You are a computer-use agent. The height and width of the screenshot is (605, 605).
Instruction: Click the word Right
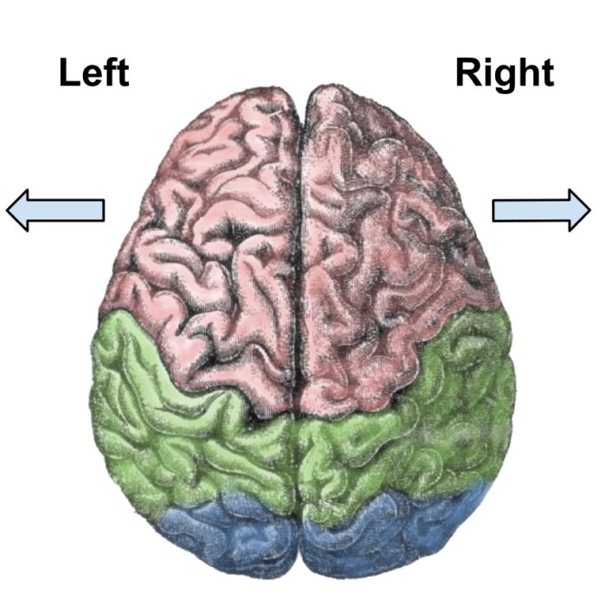tap(505, 74)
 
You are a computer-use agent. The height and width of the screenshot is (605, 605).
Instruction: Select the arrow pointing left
tap(55, 211)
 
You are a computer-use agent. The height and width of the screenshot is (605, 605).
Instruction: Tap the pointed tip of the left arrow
tap(9, 211)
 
